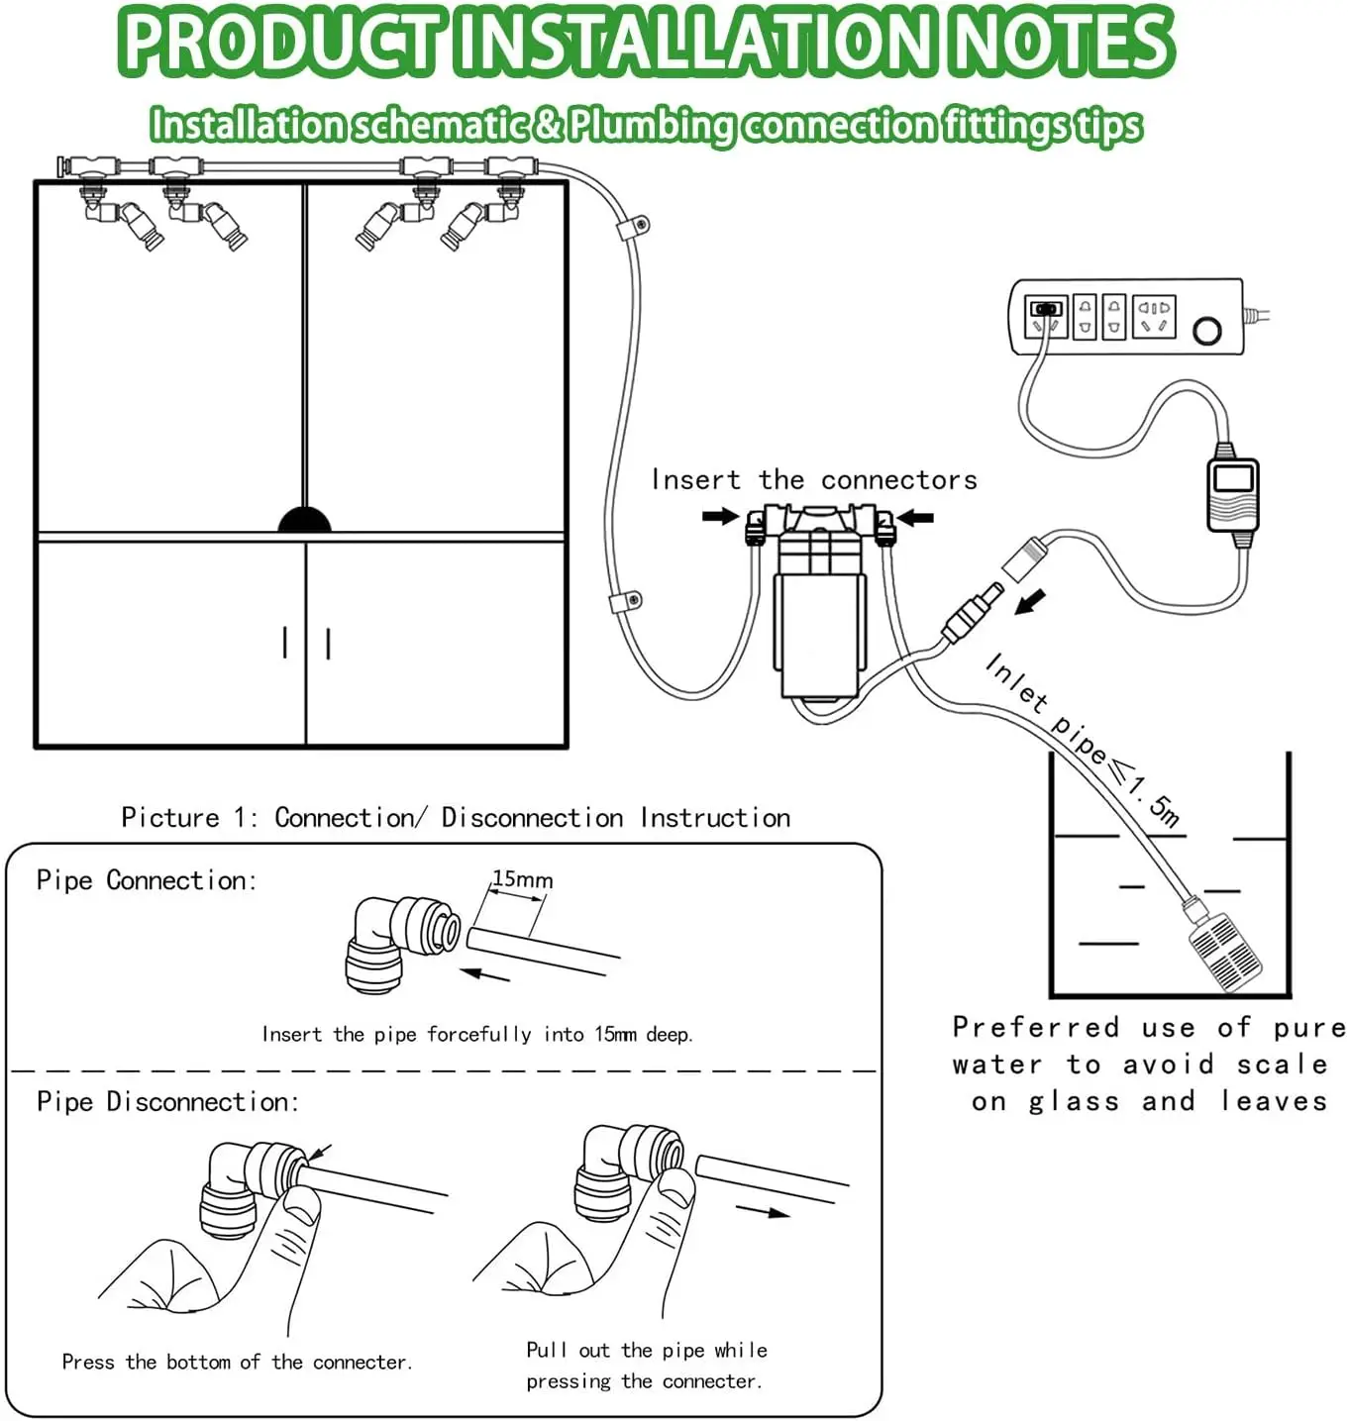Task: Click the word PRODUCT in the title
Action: point(282,42)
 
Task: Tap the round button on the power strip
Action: point(1206,330)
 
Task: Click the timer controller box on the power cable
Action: point(1233,495)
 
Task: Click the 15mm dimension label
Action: point(522,879)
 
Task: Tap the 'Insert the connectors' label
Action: point(813,480)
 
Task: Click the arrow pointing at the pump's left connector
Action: point(720,516)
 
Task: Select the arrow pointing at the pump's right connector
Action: point(915,517)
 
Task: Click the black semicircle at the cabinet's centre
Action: point(304,521)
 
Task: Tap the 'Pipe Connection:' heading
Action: point(147,880)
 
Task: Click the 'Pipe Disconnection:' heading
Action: point(167,1101)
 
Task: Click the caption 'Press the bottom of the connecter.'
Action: point(237,1363)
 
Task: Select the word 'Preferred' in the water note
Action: point(1035,1027)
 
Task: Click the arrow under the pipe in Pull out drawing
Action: point(763,1210)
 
